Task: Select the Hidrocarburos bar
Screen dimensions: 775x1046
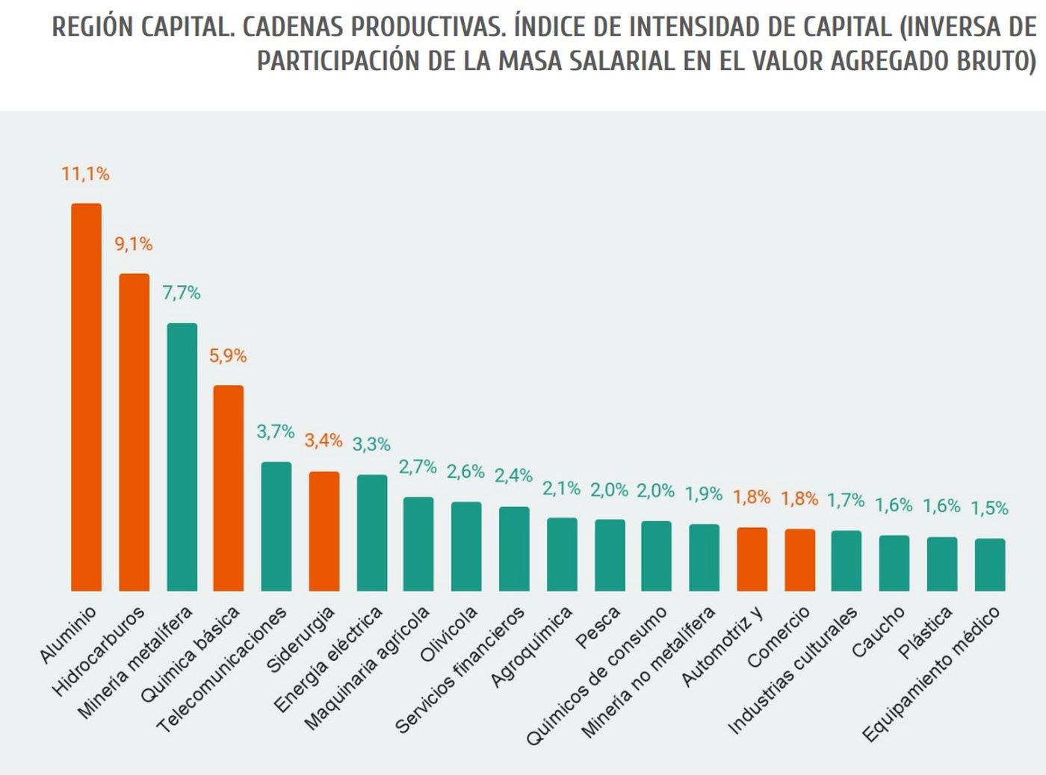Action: [x=134, y=432]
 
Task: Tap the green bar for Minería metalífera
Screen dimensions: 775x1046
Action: [x=182, y=457]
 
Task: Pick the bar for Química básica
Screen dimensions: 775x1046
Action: [x=229, y=488]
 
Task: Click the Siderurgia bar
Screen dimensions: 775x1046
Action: [x=324, y=531]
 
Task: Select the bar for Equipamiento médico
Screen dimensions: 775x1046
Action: [x=990, y=564]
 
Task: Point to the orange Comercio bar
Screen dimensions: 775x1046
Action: [x=799, y=560]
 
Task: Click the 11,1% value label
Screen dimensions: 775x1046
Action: [x=85, y=174]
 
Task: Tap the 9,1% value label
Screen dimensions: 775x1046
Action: [x=133, y=244]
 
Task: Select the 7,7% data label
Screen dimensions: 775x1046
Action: [x=182, y=293]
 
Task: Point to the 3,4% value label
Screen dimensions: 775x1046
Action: [x=323, y=441]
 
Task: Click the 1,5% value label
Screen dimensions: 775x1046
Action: [x=989, y=508]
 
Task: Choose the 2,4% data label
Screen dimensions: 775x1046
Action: [x=513, y=476]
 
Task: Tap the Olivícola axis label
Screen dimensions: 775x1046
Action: [x=448, y=634]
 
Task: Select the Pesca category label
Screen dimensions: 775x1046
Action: [x=598, y=627]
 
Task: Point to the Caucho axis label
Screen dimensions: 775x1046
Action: [x=879, y=632]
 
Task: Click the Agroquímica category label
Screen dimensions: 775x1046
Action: [x=531, y=647]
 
